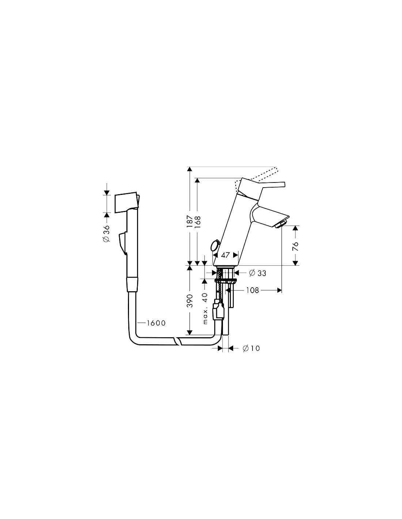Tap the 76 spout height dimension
click(x=296, y=246)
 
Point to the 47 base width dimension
click(x=225, y=255)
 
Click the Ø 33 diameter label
click(x=257, y=273)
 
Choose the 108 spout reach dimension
click(x=253, y=290)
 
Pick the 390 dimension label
click(x=190, y=301)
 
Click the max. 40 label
click(x=205, y=308)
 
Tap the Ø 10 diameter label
click(x=251, y=349)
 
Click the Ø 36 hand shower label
click(x=107, y=233)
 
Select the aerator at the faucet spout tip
click(x=281, y=225)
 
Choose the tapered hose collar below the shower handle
click(x=132, y=284)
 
